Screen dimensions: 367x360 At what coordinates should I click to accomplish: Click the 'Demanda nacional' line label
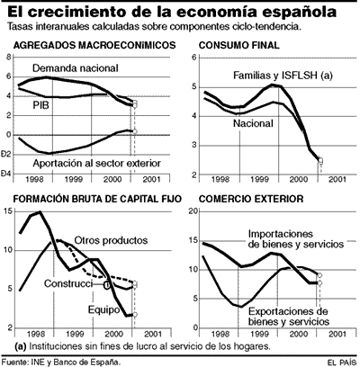[77, 68]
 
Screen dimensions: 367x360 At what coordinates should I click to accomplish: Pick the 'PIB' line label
[42, 104]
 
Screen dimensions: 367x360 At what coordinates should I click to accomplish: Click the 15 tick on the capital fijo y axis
[8, 212]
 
